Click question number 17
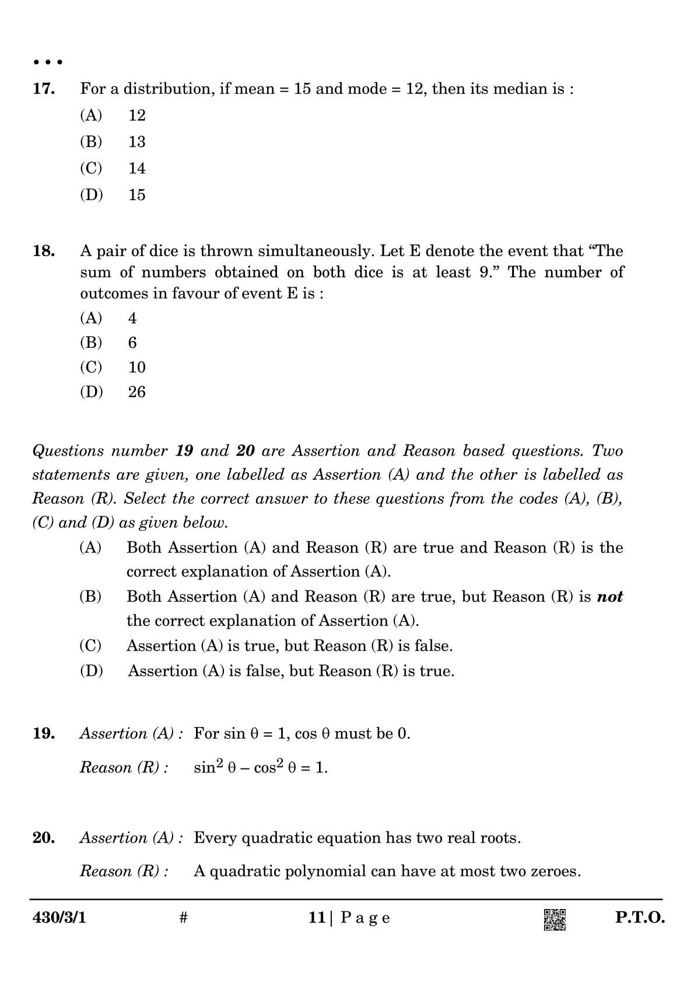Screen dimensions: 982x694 44,89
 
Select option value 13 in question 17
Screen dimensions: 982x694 136,142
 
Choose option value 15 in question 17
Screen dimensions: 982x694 136,195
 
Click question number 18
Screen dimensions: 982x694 44,251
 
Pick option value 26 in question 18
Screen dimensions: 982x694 136,392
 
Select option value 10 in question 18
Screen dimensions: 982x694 136,368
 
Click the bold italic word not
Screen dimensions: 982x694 609,597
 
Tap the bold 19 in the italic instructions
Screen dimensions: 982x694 184,451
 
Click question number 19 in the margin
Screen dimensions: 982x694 44,733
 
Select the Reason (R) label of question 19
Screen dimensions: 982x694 124,768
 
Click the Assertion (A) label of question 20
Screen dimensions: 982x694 131,838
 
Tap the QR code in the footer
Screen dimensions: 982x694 555,920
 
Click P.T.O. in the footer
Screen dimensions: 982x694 640,918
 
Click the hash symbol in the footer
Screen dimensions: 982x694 183,918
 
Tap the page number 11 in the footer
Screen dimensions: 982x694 317,918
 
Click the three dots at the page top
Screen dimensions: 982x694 47,62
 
